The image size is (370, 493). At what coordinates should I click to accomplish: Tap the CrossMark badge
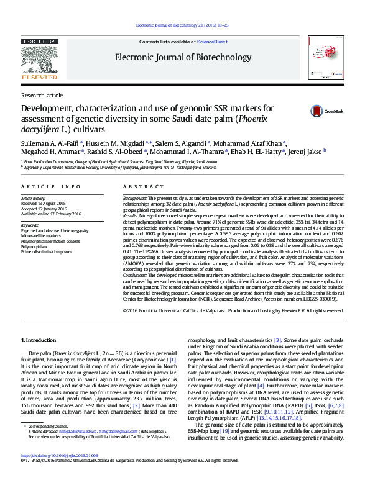[327, 111]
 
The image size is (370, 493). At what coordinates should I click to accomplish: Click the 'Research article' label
[42, 95]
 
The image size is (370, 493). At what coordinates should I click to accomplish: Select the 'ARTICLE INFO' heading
[51, 186]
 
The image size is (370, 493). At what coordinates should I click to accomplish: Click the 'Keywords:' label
[30, 225]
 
